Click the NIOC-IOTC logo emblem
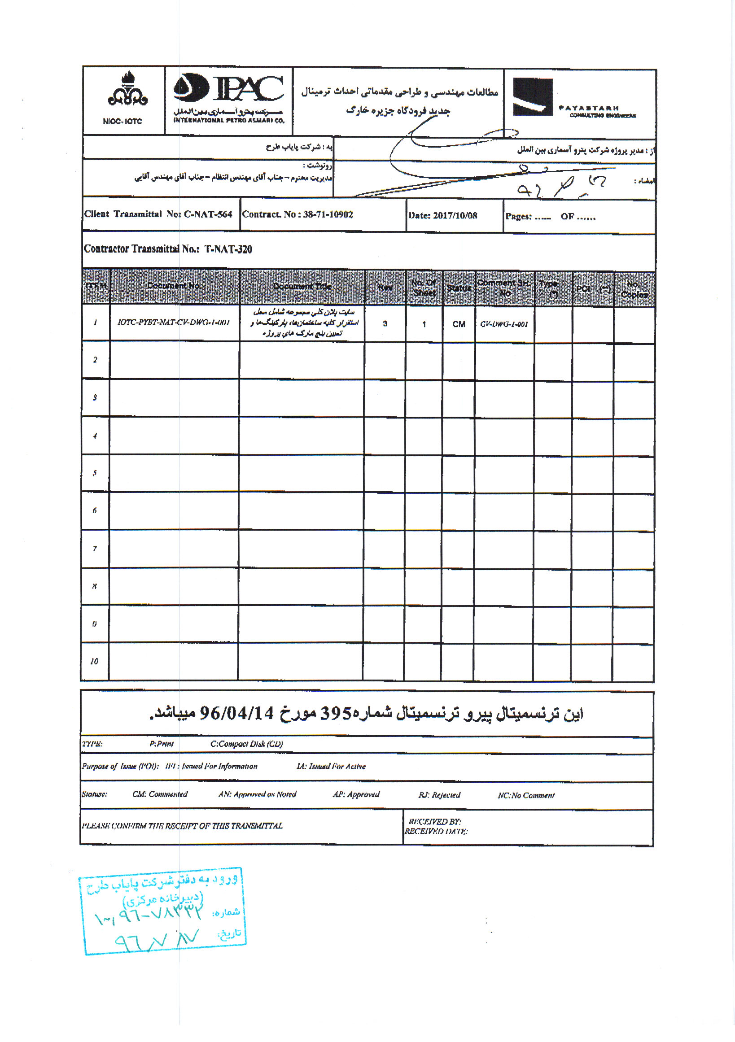coord(127,89)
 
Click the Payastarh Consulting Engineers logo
coord(575,98)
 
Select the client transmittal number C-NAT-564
coord(208,214)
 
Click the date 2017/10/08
coord(455,216)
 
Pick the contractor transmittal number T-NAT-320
coord(228,249)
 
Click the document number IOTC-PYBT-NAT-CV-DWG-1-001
coord(173,323)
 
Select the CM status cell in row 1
coord(459,324)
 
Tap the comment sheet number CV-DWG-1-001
coord(504,324)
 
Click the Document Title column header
coord(302,286)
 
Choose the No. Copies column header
coord(634,290)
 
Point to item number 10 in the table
coord(94,661)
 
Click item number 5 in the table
coord(94,473)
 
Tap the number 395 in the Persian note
coord(336,714)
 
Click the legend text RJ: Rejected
coord(439,795)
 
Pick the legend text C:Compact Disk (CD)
coord(246,744)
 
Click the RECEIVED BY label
coord(434,822)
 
